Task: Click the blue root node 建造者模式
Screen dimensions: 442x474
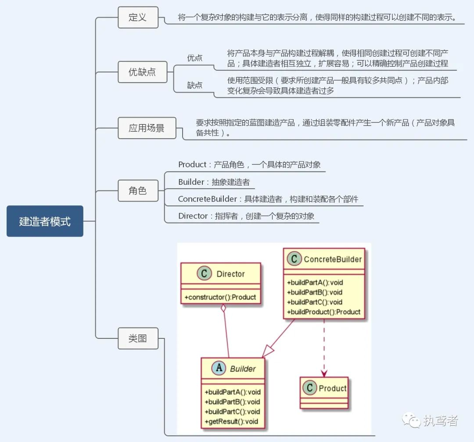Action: coord(45,221)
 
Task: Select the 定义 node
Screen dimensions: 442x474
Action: coord(138,18)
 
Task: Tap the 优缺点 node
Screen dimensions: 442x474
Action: coord(142,72)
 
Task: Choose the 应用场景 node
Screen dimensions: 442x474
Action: coord(147,128)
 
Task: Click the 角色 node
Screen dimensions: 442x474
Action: coord(138,191)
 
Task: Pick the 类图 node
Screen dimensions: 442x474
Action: coord(138,338)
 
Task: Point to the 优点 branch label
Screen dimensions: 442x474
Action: coord(195,58)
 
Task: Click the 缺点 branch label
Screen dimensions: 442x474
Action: coord(195,85)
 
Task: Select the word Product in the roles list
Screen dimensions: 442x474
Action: coord(192,165)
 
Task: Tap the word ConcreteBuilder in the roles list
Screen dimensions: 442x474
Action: coord(207,199)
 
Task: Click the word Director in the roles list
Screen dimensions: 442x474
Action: coord(193,216)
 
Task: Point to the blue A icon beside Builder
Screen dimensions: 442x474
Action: coord(219,368)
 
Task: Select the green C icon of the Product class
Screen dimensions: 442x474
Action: coord(310,388)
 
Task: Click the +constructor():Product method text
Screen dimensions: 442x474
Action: coord(220,297)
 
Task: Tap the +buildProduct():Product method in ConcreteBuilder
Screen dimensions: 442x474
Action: coord(324,312)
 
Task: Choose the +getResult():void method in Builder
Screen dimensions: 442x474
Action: coord(232,421)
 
